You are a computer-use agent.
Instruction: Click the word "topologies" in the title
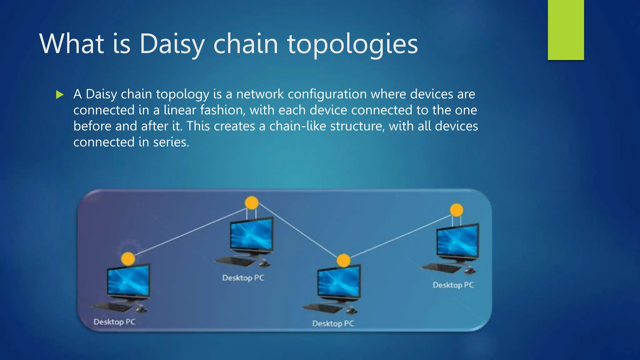tap(352, 44)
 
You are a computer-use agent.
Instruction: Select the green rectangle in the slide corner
tap(566, 30)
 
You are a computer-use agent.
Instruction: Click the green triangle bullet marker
tap(60, 94)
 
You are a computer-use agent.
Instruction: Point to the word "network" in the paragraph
tap(260, 94)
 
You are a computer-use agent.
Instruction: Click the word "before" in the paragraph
tap(92, 126)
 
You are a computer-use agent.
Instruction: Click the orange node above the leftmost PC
tap(128, 259)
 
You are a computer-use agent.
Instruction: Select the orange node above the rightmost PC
tap(457, 210)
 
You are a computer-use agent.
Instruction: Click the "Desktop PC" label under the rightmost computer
tap(453, 285)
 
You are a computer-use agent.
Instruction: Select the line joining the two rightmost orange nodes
tap(400, 236)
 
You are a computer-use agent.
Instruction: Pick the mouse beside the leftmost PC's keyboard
tap(141, 309)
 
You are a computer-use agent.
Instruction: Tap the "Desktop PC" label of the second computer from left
tap(243, 278)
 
